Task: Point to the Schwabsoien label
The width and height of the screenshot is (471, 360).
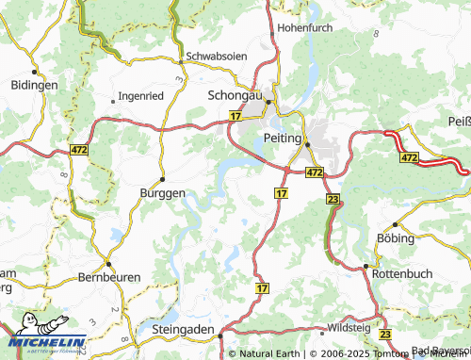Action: (218, 56)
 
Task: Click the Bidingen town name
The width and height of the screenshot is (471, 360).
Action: (34, 85)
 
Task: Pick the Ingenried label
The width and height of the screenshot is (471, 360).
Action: (142, 96)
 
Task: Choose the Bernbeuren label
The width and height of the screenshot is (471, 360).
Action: (109, 280)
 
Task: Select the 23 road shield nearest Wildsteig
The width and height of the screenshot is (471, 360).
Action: (384, 335)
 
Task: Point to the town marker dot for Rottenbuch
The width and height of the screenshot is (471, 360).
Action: (365, 266)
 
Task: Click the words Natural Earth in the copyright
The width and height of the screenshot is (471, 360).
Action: (268, 353)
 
